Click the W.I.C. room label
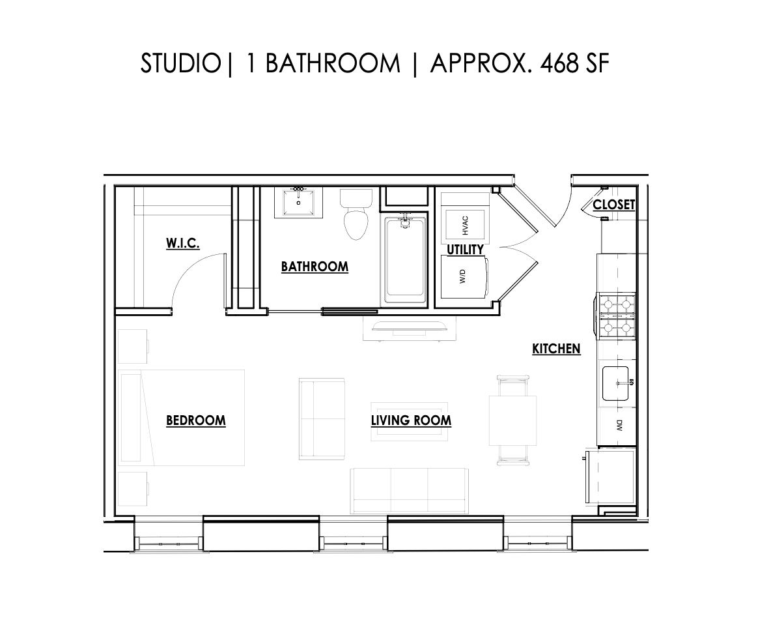click(x=182, y=244)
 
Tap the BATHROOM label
click(x=315, y=267)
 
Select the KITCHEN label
click(x=556, y=349)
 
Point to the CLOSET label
click(x=613, y=205)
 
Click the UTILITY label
click(x=465, y=250)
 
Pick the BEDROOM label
click(x=196, y=420)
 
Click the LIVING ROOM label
click(x=411, y=420)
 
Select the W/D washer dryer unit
click(x=464, y=277)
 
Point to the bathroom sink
click(x=299, y=203)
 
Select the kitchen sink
click(x=615, y=383)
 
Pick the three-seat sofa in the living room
click(x=409, y=490)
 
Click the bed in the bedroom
click(x=182, y=417)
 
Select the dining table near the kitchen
click(x=512, y=420)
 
